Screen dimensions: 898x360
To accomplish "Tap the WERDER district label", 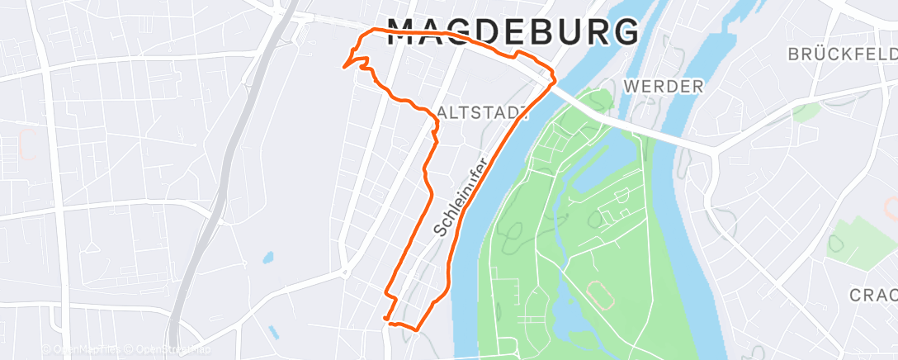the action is (x=664, y=86).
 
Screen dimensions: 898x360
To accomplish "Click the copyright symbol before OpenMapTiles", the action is (x=47, y=349).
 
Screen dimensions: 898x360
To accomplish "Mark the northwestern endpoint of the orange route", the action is (x=343, y=65).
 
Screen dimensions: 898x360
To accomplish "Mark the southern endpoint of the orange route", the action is (x=385, y=316).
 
